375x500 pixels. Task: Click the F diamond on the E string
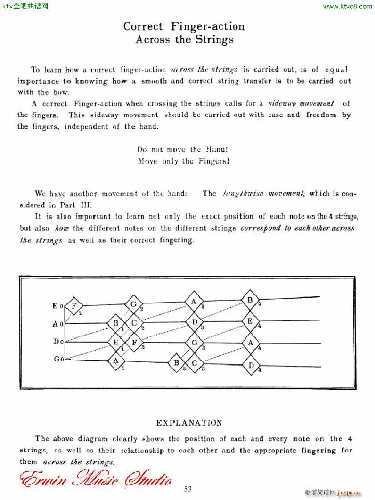tap(74, 306)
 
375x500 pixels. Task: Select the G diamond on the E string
tap(133, 304)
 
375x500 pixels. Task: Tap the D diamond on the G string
tap(251, 365)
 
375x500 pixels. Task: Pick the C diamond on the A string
tap(134, 323)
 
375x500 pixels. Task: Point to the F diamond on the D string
tap(134, 343)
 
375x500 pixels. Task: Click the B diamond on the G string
tap(177, 362)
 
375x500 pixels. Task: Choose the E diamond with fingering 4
tap(250, 321)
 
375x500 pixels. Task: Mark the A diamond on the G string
tap(115, 361)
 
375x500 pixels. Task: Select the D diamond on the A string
tap(194, 322)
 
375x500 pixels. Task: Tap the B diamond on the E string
tap(250, 300)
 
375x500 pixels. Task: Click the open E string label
tap(56, 306)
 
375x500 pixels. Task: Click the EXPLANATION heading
tap(189, 423)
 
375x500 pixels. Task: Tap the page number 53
tap(189, 488)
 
